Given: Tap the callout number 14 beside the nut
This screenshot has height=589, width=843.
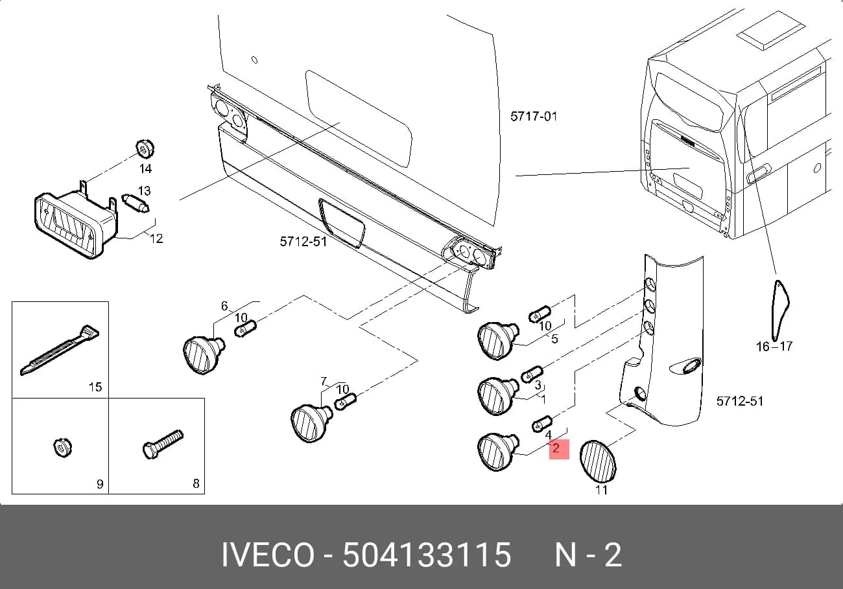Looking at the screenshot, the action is [x=145, y=168].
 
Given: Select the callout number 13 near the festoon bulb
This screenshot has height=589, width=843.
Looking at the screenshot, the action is [x=144, y=191].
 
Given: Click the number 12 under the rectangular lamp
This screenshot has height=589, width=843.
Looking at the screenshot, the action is [x=156, y=238].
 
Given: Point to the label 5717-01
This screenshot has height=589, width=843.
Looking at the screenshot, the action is [x=534, y=116].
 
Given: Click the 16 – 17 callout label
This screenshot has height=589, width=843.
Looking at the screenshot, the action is [x=774, y=346].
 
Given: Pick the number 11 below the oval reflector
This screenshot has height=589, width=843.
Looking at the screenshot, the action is [x=601, y=490].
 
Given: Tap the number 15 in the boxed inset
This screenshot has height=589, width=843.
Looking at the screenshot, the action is [x=95, y=387].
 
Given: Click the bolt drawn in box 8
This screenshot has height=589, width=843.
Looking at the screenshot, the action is [x=163, y=445].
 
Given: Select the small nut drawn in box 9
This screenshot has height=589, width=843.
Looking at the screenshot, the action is [x=62, y=448].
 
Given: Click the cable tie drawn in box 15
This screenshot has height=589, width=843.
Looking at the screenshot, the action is [x=60, y=350].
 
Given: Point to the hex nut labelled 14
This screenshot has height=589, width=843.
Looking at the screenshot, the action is [x=145, y=148].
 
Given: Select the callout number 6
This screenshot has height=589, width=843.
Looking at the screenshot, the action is [x=224, y=306].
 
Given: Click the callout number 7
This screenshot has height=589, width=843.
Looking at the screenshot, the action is [x=324, y=382].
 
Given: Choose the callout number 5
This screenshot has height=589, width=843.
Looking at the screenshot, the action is [x=554, y=339].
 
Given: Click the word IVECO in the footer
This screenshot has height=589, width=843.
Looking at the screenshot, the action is [x=268, y=555].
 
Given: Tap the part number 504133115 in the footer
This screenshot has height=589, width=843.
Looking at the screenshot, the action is [x=427, y=555].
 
